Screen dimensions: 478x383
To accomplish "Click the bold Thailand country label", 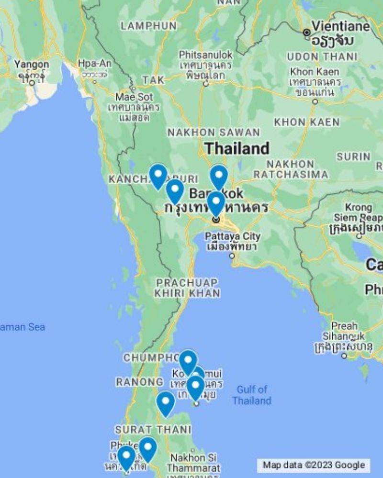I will [237, 148].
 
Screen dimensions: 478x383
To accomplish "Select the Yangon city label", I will [31, 65].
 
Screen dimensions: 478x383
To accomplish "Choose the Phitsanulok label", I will [205, 56].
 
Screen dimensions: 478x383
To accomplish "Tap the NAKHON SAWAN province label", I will [213, 133].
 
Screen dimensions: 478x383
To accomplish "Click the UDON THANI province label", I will [322, 57].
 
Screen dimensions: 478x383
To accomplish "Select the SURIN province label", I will [353, 156].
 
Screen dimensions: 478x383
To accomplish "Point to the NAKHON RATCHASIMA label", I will [291, 169].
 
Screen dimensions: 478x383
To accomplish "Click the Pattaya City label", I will [233, 236].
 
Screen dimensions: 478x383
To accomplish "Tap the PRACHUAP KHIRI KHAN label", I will [187, 288].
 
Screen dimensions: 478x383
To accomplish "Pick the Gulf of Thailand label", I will [252, 395].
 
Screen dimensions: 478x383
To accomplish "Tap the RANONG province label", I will [139, 382].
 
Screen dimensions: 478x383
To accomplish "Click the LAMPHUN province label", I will [148, 25].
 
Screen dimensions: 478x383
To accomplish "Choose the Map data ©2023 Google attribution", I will [314, 465].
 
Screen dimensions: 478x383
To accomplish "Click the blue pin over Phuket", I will [126, 456].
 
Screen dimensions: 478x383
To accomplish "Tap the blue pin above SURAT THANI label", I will [166, 402].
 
